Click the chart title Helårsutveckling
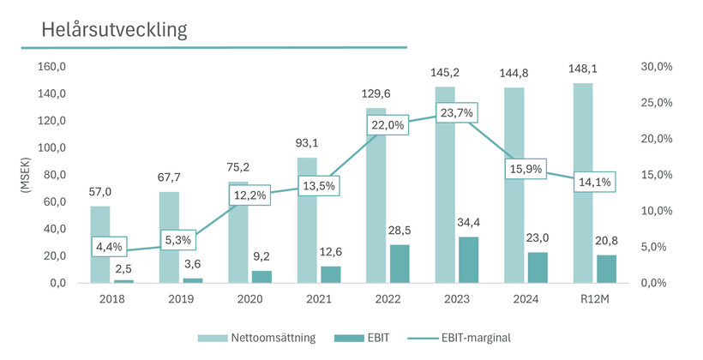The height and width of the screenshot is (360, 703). coord(114,29)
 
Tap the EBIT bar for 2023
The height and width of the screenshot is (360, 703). coord(468,260)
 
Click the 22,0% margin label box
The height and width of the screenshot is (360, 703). coord(388,125)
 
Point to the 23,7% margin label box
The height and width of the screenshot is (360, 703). coord(456,112)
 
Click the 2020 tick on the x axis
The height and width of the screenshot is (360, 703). coord(250,299)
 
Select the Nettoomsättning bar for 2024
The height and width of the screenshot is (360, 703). coord(514,184)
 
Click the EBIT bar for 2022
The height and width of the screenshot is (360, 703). coord(400,264)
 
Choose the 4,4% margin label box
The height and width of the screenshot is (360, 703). coord(110,248)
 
